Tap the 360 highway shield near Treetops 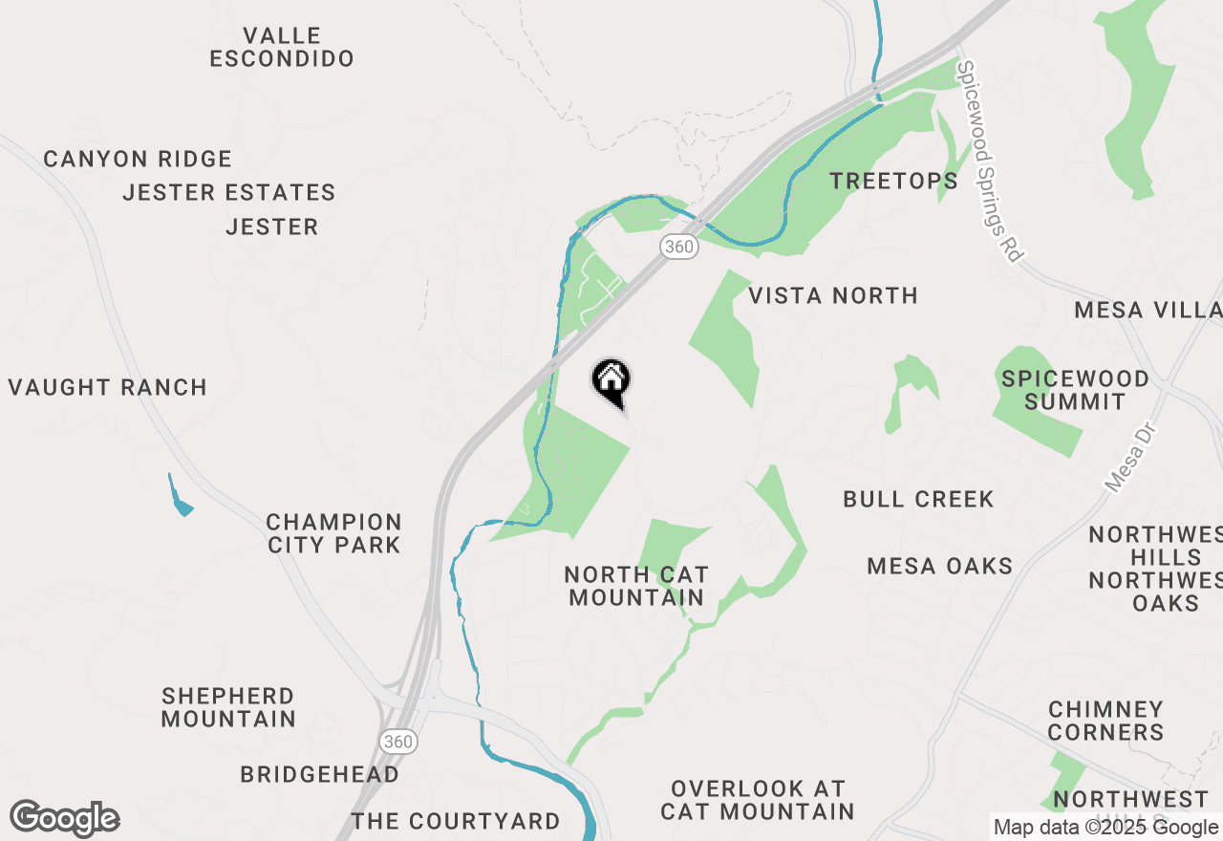point(678,247)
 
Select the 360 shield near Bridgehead point(397,741)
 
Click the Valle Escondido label point(282,47)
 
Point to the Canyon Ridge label point(138,159)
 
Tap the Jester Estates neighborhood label point(229,192)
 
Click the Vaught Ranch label point(108,387)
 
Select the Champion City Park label point(333,533)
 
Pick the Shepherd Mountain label point(228,707)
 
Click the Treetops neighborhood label point(893,181)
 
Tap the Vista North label point(833,295)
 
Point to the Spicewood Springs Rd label point(990,162)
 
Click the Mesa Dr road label point(1130,459)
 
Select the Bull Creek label point(918,499)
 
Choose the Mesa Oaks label point(939,566)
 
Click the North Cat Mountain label point(636,586)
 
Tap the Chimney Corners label point(1105,721)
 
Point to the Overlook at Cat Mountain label point(758,800)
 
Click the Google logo point(64,819)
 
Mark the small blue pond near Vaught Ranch point(179,497)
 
